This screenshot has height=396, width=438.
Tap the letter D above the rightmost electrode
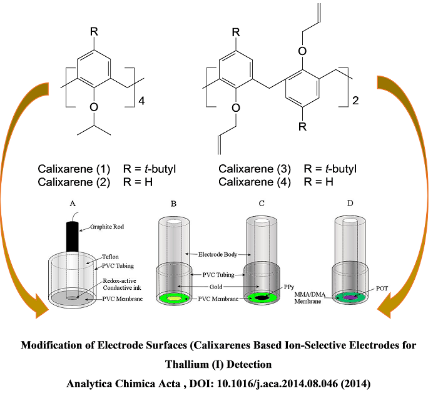[x=350, y=203]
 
